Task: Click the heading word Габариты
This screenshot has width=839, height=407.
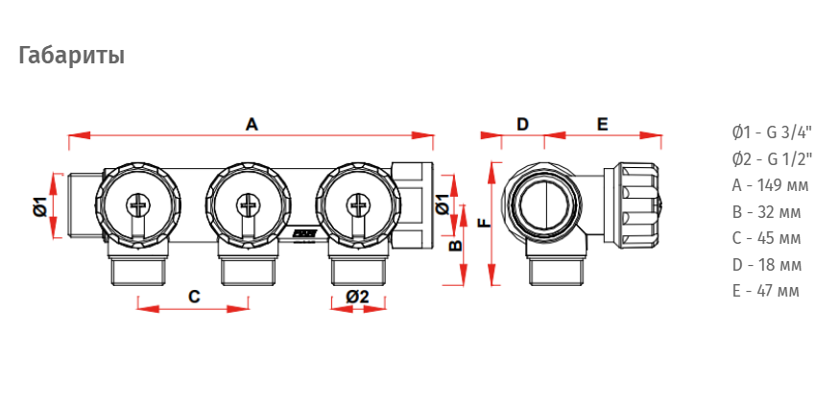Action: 72,56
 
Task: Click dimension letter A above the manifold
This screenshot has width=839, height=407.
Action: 252,125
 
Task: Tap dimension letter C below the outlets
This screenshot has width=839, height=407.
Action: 194,296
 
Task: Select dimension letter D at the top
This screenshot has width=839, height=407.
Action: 522,125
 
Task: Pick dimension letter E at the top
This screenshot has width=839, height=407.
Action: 603,125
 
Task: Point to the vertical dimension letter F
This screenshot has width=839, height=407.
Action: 484,223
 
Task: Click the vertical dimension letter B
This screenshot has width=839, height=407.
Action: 454,246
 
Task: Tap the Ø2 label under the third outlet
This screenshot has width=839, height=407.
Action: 357,296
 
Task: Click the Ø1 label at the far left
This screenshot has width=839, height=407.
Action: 40,206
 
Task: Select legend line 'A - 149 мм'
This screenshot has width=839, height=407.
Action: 770,185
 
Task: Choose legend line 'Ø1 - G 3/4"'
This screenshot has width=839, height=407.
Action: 772,132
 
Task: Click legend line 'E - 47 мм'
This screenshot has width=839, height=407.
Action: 765,291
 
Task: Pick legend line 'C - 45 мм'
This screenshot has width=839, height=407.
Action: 766,238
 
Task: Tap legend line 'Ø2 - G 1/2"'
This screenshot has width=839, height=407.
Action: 772,158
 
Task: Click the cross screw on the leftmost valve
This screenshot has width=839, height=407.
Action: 137,204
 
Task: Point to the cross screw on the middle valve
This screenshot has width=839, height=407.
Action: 248,204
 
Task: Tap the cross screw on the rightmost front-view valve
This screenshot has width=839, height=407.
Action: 357,204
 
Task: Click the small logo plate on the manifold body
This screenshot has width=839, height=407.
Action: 305,233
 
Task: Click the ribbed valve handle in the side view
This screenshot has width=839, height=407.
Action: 639,205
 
